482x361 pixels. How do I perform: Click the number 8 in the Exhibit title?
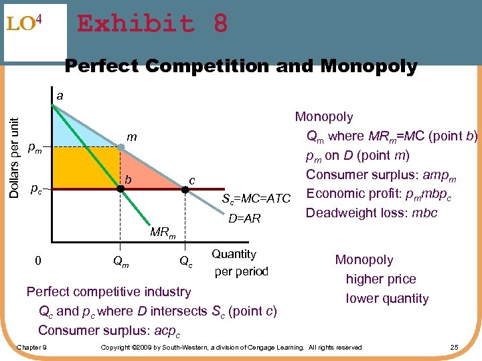coord(220,24)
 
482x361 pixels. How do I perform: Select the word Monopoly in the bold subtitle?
coord(369,67)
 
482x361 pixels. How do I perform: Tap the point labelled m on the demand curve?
coord(120,147)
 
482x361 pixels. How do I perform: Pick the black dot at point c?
coord(186,189)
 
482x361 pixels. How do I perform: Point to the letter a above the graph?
coord(60,96)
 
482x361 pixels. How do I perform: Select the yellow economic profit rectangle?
coord(86,168)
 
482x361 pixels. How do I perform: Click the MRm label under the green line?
coord(163,233)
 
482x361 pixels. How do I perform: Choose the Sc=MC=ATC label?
coord(256,199)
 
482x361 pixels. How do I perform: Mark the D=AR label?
coord(245,219)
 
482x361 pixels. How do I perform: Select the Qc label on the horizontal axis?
coord(186,263)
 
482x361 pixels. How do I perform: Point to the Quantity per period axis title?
coord(240,263)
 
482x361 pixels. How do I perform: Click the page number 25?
coord(455,347)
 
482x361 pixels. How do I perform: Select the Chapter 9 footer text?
coord(31,347)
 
